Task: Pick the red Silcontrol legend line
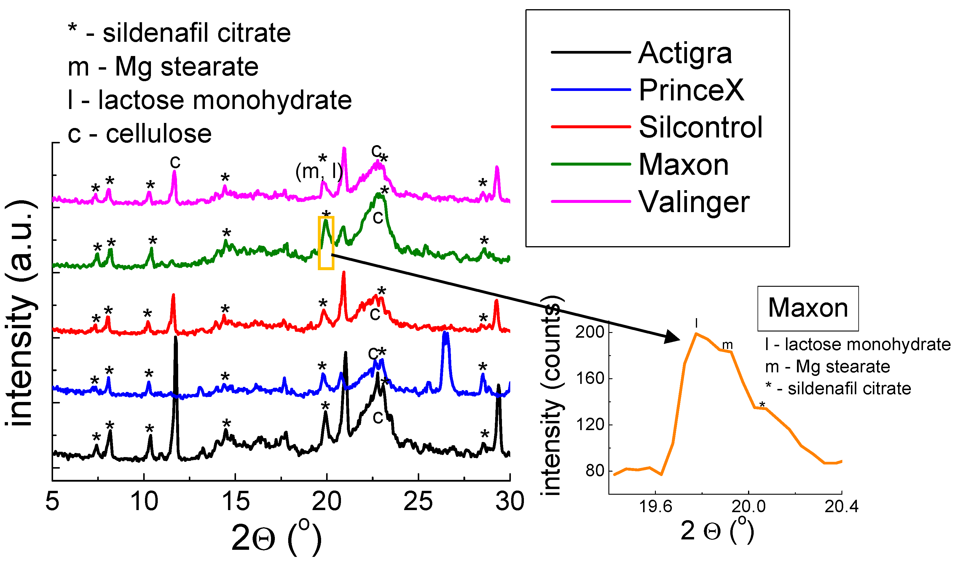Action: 590,126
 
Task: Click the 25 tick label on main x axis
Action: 418,502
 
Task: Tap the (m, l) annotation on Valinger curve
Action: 319,172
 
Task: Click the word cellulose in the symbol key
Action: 159,134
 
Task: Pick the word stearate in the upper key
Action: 209,67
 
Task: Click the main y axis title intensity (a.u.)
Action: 21,313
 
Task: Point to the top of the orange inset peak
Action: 696,334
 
